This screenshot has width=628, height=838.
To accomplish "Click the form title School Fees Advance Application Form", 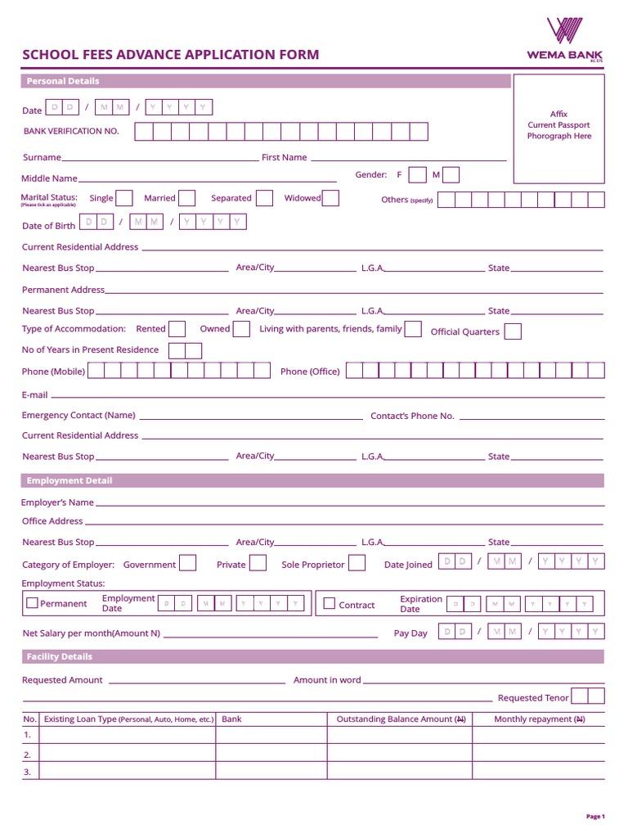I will click(x=170, y=55).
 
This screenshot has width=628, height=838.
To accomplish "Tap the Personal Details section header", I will click(x=63, y=81).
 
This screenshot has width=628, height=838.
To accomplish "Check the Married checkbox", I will click(x=187, y=198).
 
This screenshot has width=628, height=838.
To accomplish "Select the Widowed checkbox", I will click(x=330, y=198).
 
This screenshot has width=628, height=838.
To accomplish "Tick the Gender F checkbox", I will click(x=417, y=175).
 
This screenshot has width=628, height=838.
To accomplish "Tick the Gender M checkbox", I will click(x=451, y=175).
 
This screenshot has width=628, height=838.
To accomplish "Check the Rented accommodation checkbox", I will click(x=177, y=329).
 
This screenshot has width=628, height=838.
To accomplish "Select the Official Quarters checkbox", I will click(x=513, y=331).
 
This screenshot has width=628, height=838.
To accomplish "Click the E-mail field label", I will click(x=35, y=394).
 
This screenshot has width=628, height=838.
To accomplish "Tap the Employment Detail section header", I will click(x=70, y=480).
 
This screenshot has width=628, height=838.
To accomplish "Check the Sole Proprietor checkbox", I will click(x=357, y=564).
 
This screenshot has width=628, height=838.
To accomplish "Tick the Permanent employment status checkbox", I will click(x=32, y=603).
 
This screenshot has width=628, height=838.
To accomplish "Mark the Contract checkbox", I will click(x=330, y=604).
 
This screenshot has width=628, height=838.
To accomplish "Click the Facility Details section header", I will click(x=60, y=656).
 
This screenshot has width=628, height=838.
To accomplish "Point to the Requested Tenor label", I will click(x=533, y=698).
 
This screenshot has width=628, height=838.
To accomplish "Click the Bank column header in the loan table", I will click(x=231, y=719).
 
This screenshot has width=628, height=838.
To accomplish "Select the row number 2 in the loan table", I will click(x=27, y=755).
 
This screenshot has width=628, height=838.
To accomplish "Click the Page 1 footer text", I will click(x=595, y=816).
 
